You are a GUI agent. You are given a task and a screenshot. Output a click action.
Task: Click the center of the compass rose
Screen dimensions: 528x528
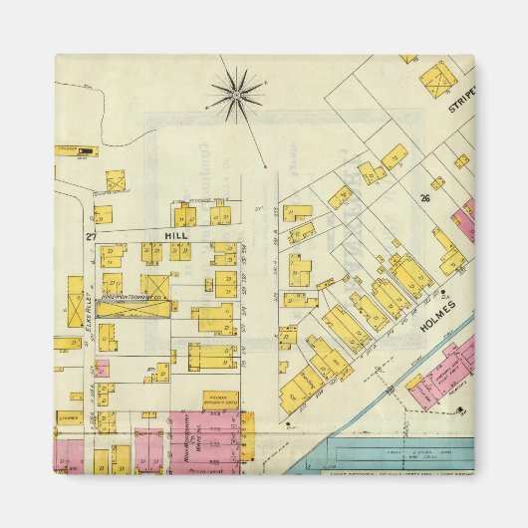237,95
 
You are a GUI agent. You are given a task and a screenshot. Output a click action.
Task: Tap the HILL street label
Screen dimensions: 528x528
176,235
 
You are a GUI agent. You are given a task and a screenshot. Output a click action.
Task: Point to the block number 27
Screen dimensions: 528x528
90,236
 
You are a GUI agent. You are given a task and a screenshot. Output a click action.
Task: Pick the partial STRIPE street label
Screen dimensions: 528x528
463,104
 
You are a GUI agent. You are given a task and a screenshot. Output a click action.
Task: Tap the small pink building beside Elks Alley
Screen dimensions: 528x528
101,368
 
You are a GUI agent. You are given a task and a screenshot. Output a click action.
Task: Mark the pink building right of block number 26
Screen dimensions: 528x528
464,219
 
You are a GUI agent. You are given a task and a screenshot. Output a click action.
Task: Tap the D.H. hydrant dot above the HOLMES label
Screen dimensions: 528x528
443,293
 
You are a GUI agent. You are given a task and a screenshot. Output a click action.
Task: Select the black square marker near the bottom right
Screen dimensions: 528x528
289,422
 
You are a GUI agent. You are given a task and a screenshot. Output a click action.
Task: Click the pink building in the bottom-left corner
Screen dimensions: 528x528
68,453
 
